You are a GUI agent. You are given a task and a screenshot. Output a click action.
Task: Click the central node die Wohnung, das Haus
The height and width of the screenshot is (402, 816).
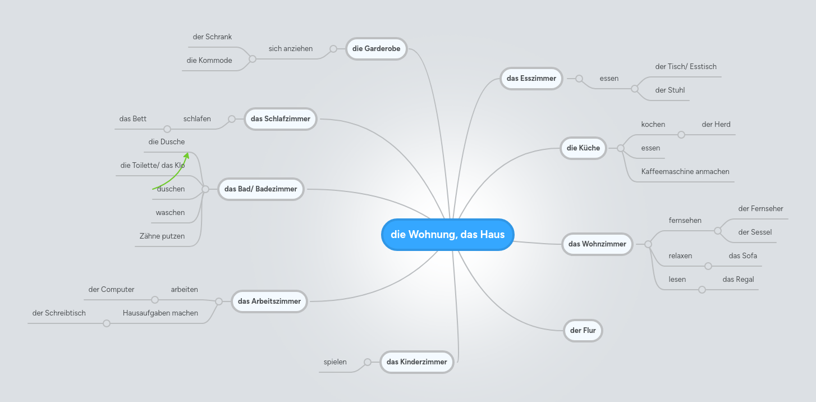tap(447, 234)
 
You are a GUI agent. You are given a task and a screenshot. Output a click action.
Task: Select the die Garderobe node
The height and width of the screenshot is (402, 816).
tap(377, 48)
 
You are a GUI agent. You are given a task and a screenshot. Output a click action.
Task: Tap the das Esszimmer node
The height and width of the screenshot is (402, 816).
tap(531, 79)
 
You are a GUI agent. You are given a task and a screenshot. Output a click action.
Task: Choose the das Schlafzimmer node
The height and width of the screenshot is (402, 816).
tap(280, 119)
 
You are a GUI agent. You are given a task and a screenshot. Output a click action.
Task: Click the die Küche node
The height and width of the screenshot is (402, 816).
tap(583, 148)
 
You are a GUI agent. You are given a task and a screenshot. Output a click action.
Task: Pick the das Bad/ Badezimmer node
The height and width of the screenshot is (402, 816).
tap(260, 189)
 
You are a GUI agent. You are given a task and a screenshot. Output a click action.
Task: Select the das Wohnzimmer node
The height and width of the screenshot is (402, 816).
tap(597, 244)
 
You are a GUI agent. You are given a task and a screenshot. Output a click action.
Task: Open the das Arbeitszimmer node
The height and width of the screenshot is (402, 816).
tap(269, 301)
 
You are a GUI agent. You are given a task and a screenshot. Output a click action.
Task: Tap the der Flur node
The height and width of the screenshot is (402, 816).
tap(583, 330)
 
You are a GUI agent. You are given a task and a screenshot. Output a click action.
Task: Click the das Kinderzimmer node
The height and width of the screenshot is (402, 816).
tap(416, 362)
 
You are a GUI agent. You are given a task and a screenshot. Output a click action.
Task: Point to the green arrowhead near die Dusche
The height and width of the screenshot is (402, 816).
tap(186, 156)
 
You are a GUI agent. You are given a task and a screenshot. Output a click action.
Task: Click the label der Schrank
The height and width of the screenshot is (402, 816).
tap(212, 37)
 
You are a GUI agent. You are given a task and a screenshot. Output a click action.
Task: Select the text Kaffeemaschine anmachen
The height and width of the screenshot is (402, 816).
tap(685, 171)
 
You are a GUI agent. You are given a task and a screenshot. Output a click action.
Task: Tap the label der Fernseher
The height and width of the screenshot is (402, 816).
tap(760, 208)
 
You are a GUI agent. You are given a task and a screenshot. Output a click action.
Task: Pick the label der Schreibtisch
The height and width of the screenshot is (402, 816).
tap(59, 313)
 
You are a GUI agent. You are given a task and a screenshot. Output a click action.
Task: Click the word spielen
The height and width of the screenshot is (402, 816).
tap(335, 362)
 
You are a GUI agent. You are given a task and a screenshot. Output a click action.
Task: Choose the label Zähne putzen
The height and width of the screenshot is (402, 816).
tap(162, 236)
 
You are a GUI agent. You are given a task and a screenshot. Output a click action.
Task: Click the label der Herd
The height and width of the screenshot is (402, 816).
tap(716, 124)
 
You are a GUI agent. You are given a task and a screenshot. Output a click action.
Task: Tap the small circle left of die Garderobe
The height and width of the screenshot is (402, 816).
tap(333, 49)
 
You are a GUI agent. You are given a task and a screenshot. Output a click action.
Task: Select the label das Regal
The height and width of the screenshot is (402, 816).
tap(739, 280)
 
